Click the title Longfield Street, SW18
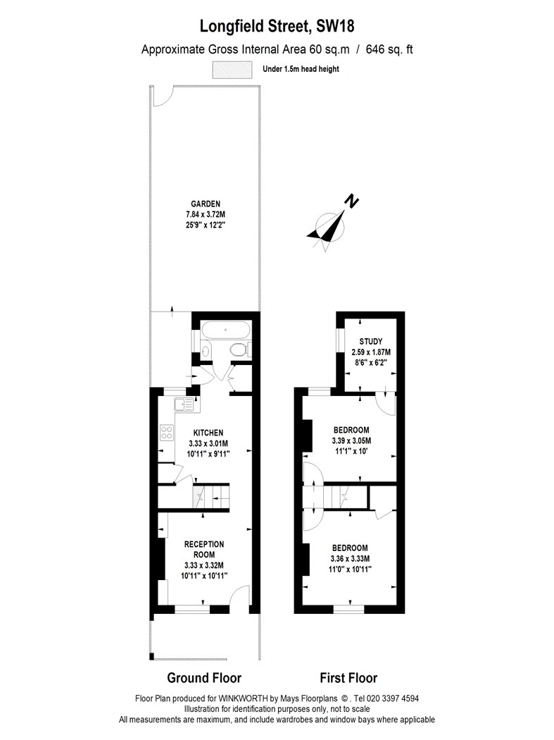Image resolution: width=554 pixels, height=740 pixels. (x=277, y=25)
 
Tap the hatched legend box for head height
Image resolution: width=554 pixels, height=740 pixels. (x=232, y=69)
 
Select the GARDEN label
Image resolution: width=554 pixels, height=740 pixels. (x=205, y=204)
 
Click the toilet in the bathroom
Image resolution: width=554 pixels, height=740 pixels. (x=239, y=350)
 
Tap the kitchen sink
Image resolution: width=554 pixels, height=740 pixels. (x=184, y=405)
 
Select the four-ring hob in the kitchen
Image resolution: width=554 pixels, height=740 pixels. (x=167, y=433)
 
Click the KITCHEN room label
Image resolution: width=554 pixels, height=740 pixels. (x=208, y=432)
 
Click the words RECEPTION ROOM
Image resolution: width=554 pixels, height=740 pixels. (x=204, y=549)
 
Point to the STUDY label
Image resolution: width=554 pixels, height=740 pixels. (x=370, y=341)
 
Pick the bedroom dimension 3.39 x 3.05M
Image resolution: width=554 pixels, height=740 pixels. (x=351, y=441)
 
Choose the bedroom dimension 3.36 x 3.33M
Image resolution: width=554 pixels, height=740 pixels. (x=350, y=559)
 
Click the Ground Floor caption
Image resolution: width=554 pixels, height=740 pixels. (x=204, y=678)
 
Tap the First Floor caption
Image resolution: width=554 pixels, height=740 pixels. (x=348, y=678)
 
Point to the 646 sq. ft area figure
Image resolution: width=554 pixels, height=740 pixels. (x=389, y=49)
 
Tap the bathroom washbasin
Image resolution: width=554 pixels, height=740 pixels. (x=206, y=350)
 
